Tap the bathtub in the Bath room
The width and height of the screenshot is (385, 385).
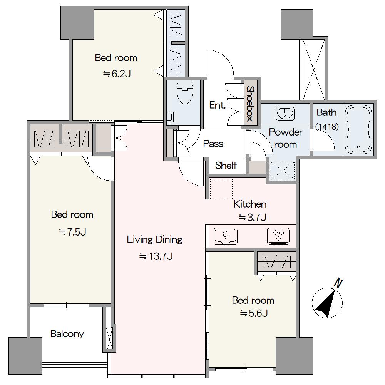click(x=358, y=130)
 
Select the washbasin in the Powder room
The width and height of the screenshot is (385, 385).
click(x=285, y=114)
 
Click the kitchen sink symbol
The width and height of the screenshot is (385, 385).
click(x=226, y=236)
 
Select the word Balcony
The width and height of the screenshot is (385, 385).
click(x=67, y=334)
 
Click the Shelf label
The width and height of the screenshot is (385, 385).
click(x=226, y=166)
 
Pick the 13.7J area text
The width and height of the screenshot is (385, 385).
click(x=156, y=256)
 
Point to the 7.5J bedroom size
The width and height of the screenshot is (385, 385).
click(x=72, y=232)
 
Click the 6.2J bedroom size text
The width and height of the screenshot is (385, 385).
click(x=117, y=74)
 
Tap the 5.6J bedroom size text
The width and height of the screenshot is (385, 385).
click(x=254, y=313)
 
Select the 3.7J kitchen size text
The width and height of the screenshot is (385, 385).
click(x=253, y=217)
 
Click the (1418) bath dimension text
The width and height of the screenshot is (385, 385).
click(x=327, y=127)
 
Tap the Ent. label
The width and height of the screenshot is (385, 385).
click(x=217, y=105)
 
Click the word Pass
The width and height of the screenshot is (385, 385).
click(x=213, y=144)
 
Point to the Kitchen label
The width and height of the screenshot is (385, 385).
click(x=250, y=204)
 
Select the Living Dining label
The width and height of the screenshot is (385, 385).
click(x=154, y=239)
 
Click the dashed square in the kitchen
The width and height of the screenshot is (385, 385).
click(x=221, y=189)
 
